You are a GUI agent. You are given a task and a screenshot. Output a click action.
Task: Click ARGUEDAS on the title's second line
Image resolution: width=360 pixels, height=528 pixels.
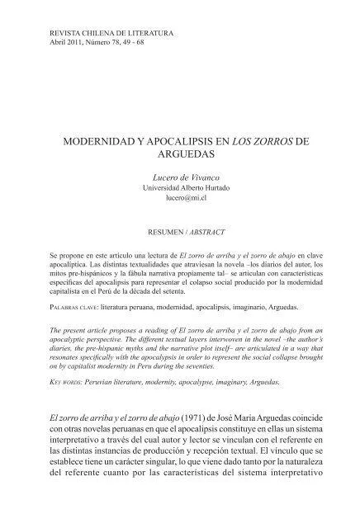point(179,154)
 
